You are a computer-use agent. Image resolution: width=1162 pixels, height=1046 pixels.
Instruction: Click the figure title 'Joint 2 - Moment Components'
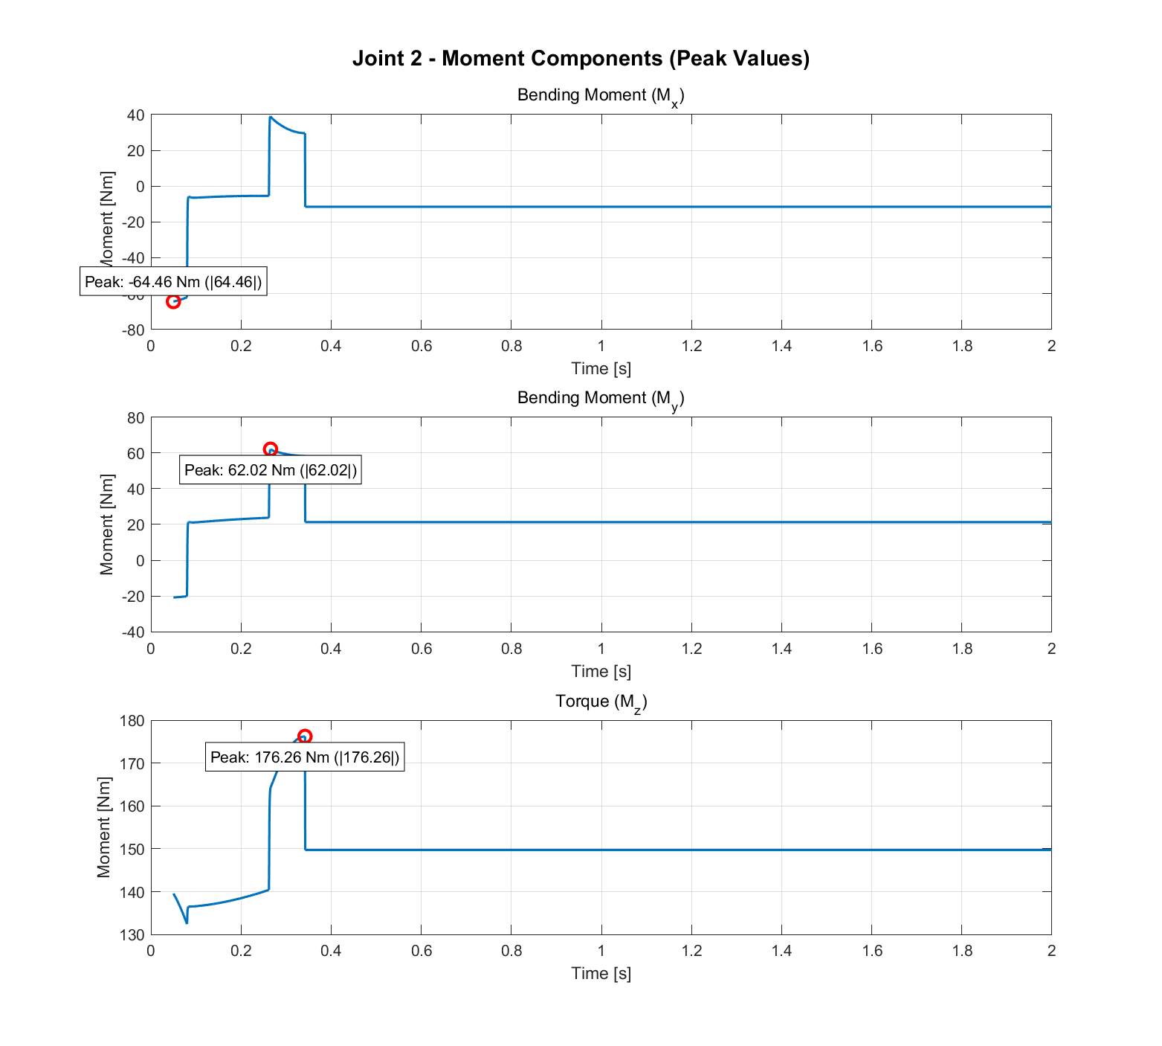pyautogui.click(x=581, y=58)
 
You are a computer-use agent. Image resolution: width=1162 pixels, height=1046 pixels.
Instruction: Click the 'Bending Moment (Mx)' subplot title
pyautogui.click(x=600, y=96)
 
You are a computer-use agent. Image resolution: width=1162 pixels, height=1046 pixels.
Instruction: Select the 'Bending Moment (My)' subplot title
pyautogui.click(x=600, y=399)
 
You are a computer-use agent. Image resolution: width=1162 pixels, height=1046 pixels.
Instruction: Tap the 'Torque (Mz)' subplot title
pyautogui.click(x=601, y=702)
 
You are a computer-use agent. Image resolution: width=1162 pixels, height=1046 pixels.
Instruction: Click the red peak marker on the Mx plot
pyautogui.click(x=173, y=301)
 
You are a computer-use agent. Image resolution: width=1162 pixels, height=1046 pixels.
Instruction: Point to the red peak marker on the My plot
pyautogui.click(x=271, y=449)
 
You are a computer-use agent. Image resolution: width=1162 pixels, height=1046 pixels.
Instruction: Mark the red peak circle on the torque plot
pyautogui.click(x=305, y=737)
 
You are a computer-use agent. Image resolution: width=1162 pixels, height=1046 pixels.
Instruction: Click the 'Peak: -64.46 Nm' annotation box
pyautogui.click(x=173, y=282)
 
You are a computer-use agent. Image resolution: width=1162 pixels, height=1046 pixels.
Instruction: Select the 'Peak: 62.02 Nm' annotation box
pyautogui.click(x=271, y=470)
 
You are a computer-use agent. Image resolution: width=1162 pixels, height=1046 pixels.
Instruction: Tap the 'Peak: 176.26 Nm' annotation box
pyautogui.click(x=305, y=757)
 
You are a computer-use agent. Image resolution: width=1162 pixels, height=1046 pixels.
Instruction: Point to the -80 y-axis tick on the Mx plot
pyautogui.click(x=134, y=330)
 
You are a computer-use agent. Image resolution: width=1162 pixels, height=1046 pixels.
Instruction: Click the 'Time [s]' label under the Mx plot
pyautogui.click(x=601, y=368)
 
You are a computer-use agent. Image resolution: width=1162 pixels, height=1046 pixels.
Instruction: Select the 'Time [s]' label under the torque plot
pyautogui.click(x=601, y=973)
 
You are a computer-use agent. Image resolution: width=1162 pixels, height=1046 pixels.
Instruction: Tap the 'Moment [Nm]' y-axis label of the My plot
pyautogui.click(x=107, y=524)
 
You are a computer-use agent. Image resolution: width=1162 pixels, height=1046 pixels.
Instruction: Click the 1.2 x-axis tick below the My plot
pyautogui.click(x=691, y=649)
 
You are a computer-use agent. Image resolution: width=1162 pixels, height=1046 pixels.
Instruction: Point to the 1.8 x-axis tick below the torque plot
pyautogui.click(x=962, y=951)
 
